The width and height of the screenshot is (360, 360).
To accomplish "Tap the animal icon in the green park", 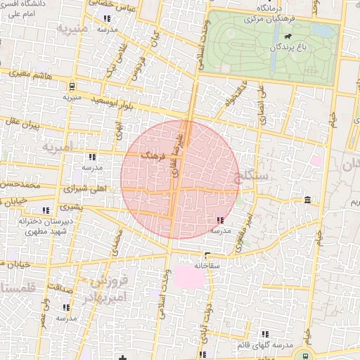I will [x=287, y=37].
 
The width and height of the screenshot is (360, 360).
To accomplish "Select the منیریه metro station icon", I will [x=72, y=87].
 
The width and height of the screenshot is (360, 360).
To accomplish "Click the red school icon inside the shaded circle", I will [x=221, y=220].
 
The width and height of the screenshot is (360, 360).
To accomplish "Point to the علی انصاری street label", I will [x=262, y=105].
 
